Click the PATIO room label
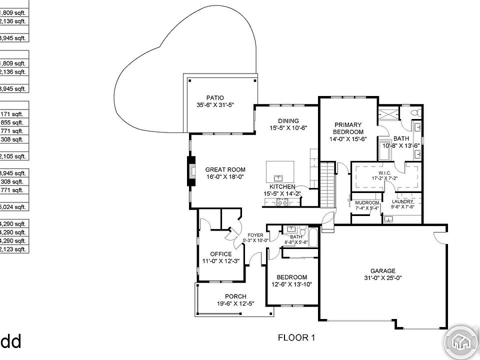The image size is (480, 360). (x=215, y=98)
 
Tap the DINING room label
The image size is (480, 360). (x=288, y=121)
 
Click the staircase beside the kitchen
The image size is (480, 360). (x=326, y=182)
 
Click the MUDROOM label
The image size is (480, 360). (x=366, y=202)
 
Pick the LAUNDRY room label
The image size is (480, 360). (x=402, y=202)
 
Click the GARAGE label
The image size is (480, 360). (x=382, y=270)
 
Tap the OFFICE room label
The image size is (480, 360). (x=220, y=254)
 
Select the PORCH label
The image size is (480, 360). (x=235, y=296)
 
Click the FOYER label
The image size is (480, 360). (x=255, y=235)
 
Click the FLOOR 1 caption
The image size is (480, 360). (x=296, y=338)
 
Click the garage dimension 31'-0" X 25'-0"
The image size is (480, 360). (x=382, y=278)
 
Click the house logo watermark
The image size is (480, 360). (x=461, y=341)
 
